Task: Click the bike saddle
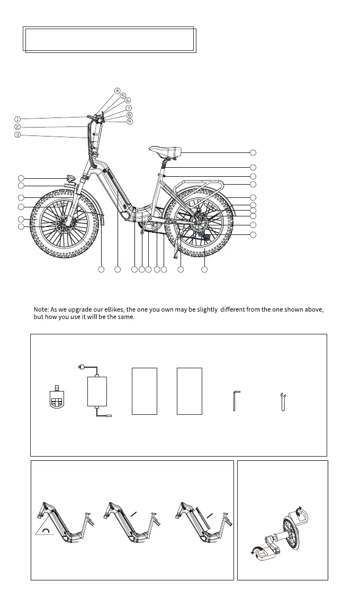point(165,151)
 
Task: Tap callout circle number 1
point(17,119)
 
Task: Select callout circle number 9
point(130,122)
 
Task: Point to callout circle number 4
point(117,90)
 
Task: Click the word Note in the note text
point(41,308)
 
